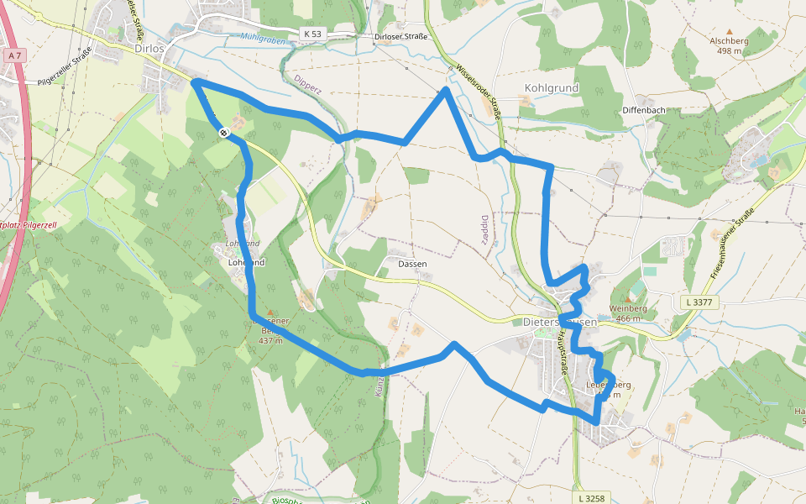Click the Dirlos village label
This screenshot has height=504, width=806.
pos(149,49)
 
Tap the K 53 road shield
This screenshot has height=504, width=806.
pos(312,34)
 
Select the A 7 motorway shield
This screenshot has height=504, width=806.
pos(13,55)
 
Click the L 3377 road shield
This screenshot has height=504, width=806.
pos(699,302)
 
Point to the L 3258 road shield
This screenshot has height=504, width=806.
pos(591,498)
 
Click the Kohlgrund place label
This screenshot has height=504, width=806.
pos(551,87)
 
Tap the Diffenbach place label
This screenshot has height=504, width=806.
pos(645,111)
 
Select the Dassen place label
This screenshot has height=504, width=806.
pos(412,264)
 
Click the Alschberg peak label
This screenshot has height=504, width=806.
pos(729,40)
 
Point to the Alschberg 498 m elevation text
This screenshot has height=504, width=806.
pos(729,51)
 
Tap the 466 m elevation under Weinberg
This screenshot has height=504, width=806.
pos(629,318)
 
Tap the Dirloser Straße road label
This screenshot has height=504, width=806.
pos(400,36)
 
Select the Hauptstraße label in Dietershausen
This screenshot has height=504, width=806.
pos(560,352)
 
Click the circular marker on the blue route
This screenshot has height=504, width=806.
pos(224,132)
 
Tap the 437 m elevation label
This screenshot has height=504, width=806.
pos(270,340)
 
